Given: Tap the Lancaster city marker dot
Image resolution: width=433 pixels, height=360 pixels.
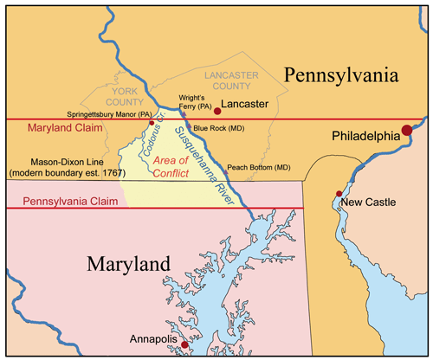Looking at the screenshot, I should (217, 112).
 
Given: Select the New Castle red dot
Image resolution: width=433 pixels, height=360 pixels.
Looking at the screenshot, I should (338, 194).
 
